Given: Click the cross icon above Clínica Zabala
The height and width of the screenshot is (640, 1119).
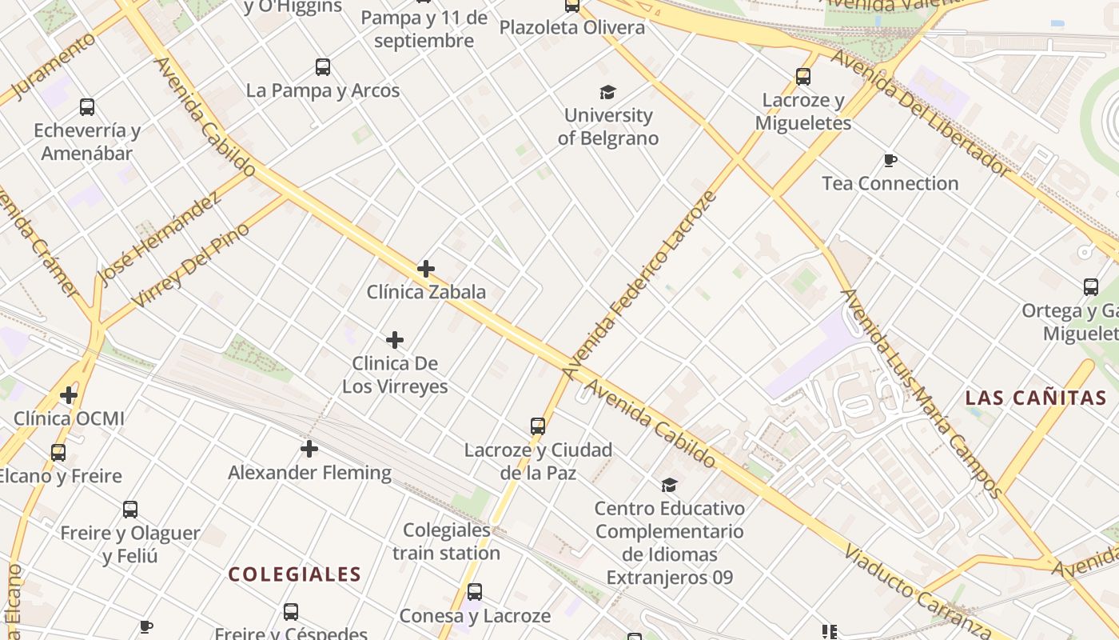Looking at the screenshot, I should point(426,269).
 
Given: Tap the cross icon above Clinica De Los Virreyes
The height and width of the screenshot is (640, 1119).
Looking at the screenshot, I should point(395,340).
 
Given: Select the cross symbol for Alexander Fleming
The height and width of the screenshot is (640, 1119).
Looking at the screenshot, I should point(309,449).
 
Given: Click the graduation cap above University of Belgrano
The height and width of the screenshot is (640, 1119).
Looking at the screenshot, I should point(608,92).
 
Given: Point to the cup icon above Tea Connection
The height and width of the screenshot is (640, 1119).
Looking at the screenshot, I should point(890,161).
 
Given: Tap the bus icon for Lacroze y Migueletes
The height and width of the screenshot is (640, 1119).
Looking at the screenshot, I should point(803,77).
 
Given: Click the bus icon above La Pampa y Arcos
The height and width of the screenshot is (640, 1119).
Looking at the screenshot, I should point(323,67).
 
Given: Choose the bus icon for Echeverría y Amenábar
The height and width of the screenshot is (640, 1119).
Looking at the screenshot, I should point(87,107).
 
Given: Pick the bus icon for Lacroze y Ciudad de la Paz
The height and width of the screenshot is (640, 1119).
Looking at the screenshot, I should point(538,426).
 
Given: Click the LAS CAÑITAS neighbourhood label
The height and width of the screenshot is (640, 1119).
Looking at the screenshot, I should point(1036,398).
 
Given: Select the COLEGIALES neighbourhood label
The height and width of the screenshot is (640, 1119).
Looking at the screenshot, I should point(295,574).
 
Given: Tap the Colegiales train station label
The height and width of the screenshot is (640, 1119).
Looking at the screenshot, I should point(446,542).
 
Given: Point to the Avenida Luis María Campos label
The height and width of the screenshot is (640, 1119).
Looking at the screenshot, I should point(919,392).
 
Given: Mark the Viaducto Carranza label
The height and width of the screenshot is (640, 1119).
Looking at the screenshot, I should point(918,590).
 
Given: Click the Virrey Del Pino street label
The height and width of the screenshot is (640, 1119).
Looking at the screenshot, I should point(190,266).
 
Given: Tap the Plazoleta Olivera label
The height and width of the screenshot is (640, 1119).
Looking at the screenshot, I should point(572,28).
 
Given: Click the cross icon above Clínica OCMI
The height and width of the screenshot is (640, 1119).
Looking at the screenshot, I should point(69,395).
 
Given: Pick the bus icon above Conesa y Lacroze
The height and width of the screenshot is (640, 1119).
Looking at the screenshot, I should point(475,593).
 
